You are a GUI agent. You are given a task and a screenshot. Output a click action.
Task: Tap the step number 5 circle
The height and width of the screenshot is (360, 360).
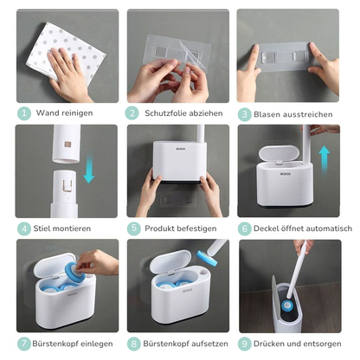tap(133, 228)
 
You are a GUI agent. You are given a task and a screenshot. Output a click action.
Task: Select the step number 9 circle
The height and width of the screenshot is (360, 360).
tap(244, 344)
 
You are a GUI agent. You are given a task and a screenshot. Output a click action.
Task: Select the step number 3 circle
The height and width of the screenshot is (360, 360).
tap(244, 112)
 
